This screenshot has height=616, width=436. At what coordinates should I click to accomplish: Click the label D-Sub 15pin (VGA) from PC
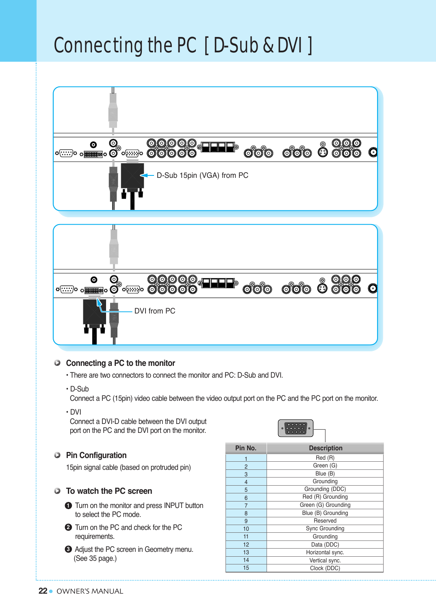pyautogui.click(x=202, y=175)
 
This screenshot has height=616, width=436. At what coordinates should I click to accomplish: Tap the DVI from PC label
pyautogui.click(x=155, y=311)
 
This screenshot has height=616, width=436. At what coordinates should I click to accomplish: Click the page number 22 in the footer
pyautogui.click(x=43, y=591)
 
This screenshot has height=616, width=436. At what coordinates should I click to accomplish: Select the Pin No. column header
pyautogui.click(x=246, y=448)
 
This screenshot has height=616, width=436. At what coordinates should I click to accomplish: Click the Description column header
pyautogui.click(x=325, y=448)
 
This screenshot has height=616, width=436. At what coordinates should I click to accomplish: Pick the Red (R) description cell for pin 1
pyautogui.click(x=325, y=458)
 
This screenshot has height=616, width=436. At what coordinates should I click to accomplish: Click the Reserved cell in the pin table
pyautogui.click(x=325, y=521)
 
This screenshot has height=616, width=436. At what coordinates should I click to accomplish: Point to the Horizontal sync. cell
pyautogui.click(x=325, y=552)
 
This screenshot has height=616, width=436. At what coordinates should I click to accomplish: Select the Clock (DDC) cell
pyautogui.click(x=325, y=568)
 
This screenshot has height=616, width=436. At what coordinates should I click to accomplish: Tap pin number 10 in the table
pyautogui.click(x=246, y=529)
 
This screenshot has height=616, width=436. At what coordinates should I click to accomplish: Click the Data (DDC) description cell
pyautogui.click(x=325, y=545)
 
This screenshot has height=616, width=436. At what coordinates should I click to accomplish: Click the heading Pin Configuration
pyautogui.click(x=96, y=455)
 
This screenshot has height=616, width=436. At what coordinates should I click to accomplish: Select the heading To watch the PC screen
pyautogui.click(x=109, y=491)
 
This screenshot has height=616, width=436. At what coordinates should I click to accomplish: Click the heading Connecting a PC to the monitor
pyautogui.click(x=120, y=363)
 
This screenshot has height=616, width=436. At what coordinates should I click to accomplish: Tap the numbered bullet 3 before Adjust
pyautogui.click(x=68, y=549)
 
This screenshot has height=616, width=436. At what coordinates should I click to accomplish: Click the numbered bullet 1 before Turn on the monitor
pyautogui.click(x=68, y=506)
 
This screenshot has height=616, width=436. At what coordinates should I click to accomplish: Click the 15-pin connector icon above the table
pyautogui.click(x=296, y=428)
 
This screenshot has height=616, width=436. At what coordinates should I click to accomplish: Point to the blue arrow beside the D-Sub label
pyautogui.click(x=147, y=175)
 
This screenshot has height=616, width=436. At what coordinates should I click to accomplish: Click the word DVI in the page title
pyautogui.click(x=290, y=45)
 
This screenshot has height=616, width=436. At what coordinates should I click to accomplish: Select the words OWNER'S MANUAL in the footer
pyautogui.click(x=90, y=591)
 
